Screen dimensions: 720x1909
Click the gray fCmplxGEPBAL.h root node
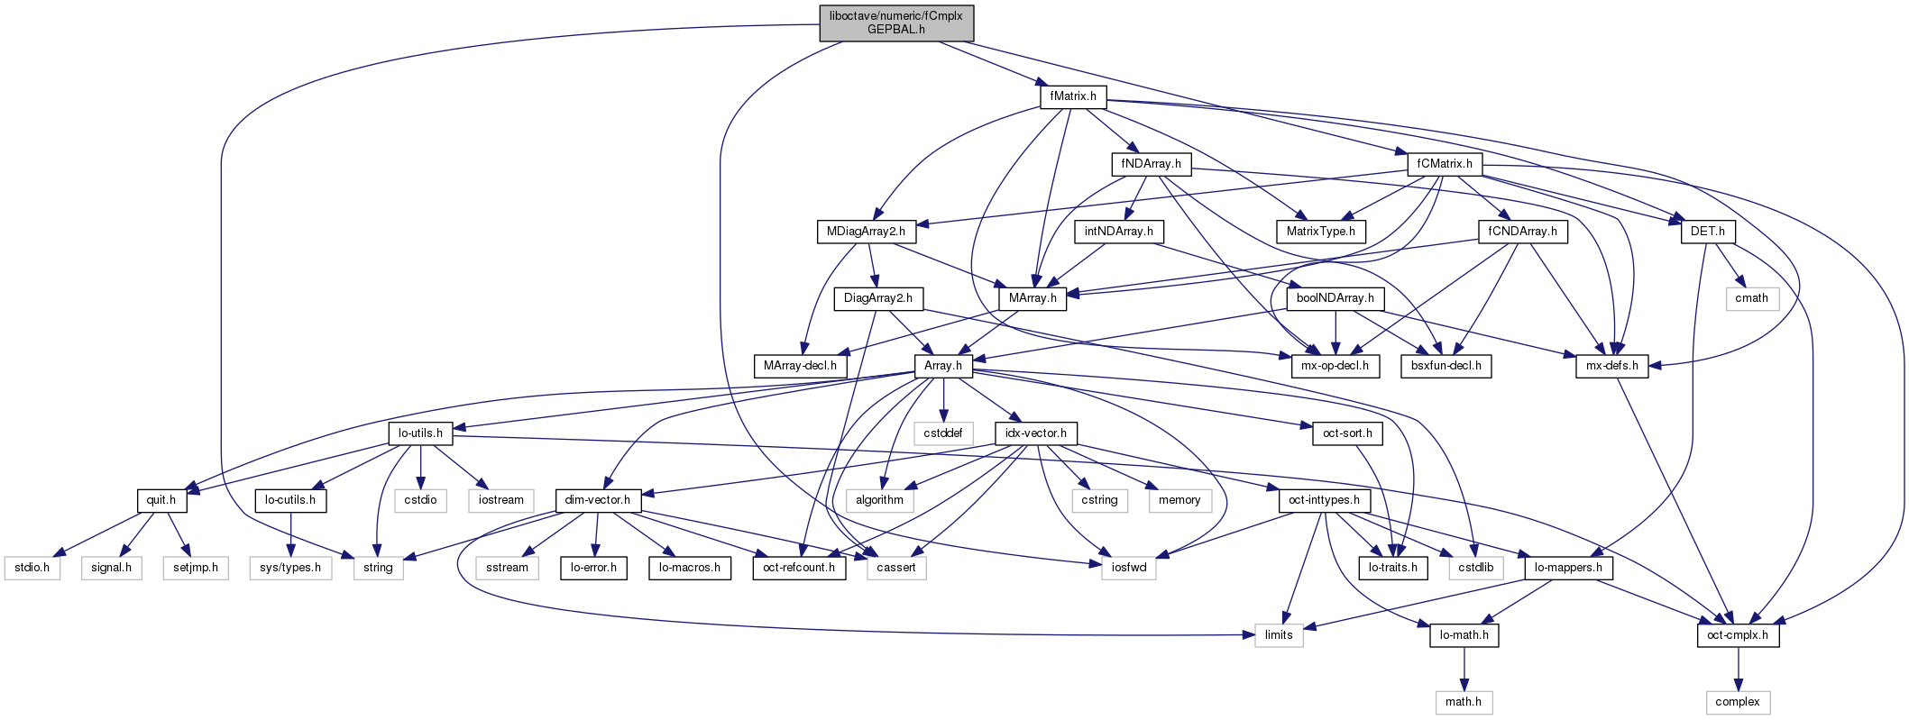[x=896, y=23]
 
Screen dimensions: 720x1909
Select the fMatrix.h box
[x=1073, y=96]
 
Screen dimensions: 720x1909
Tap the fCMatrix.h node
[x=1444, y=164]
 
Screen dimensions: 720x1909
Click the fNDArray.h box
[x=1151, y=164]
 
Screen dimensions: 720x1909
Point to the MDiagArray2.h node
[x=866, y=232]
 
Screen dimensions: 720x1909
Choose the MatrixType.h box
[x=1320, y=232]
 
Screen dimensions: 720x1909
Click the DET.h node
[x=1707, y=232]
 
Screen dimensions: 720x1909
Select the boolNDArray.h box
[x=1335, y=298]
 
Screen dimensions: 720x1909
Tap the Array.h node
[x=943, y=366]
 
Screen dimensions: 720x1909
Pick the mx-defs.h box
[x=1611, y=366]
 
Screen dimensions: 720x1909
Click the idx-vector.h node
[x=1036, y=433]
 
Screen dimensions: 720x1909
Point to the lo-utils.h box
[x=420, y=433]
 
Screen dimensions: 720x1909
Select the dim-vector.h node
[x=598, y=500]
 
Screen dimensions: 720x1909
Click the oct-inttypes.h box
[x=1324, y=500]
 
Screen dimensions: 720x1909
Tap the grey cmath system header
[x=1751, y=298]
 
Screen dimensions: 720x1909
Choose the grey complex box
[x=1737, y=702]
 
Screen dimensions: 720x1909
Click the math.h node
[x=1464, y=702]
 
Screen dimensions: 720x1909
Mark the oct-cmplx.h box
[x=1738, y=635]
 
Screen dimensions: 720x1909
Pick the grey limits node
[x=1279, y=635]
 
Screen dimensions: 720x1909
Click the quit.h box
[x=161, y=500]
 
